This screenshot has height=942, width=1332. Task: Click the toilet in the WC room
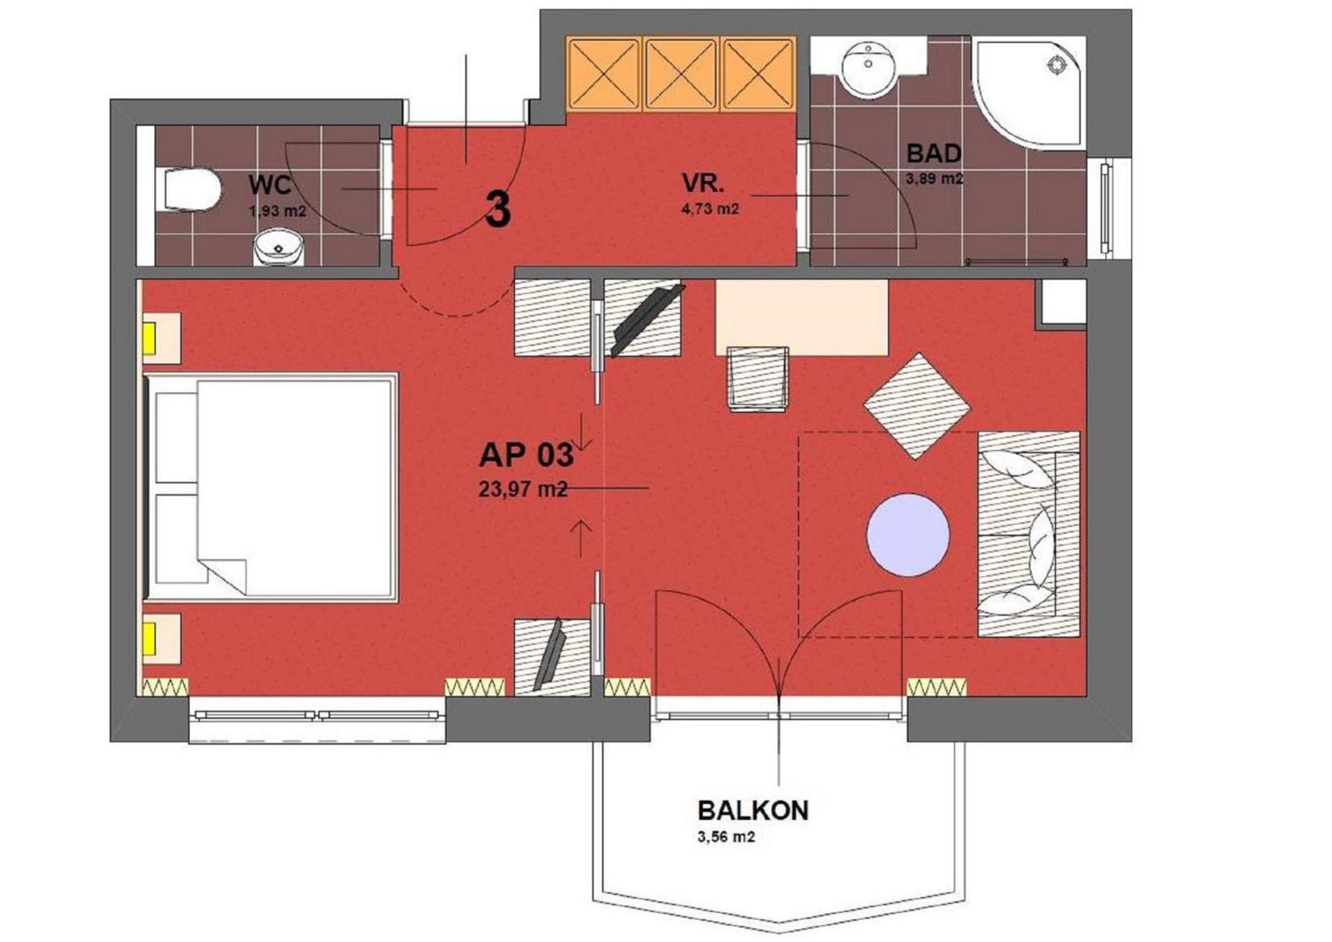pos(191,189)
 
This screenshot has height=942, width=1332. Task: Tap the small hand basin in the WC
pos(279,247)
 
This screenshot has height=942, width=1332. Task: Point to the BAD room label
pos(934,153)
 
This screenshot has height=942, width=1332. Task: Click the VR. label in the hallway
pos(703,184)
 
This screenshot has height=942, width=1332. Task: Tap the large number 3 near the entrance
pos(498,209)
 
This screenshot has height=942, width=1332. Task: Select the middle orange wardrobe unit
pos(681,74)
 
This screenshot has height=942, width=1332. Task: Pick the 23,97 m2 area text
pos(522,490)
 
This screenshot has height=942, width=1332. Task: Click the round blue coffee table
pos(907,534)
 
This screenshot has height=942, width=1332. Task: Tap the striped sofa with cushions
pos(1029,533)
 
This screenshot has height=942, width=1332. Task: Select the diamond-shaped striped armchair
pos(916,406)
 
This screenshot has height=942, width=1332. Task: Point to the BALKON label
pos(753,810)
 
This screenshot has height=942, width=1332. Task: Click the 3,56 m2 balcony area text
pos(726,837)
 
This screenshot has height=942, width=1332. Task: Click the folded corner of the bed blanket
pos(226,573)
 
